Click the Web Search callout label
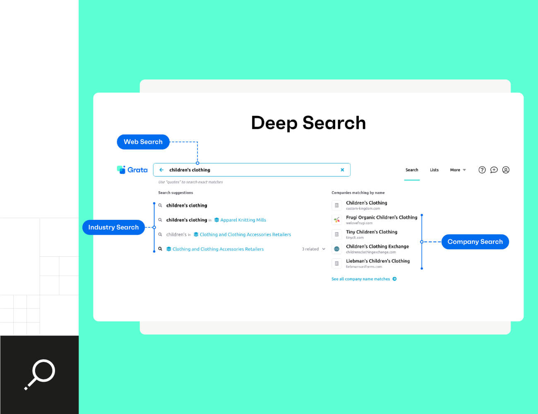coord(143,142)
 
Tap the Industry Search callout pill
coord(113,227)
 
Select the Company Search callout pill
coord(475,242)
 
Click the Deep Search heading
coord(308,123)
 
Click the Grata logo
coord(132,170)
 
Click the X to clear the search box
coord(342,170)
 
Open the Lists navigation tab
coord(434,170)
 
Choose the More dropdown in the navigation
coord(458,170)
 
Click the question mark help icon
coord(482,170)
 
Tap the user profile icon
coord(506,170)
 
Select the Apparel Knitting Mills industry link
coord(243,220)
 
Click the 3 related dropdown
coord(313,249)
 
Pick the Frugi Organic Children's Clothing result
coord(381,217)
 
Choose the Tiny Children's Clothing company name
coord(371,232)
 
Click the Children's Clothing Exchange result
coord(377,246)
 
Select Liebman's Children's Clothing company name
coord(377,261)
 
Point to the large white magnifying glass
coord(40,374)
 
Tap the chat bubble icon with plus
coord(494,170)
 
